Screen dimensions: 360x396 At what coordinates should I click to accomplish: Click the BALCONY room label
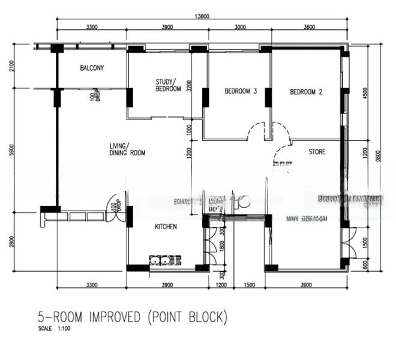92,68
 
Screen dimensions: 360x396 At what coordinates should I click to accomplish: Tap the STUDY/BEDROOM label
168,85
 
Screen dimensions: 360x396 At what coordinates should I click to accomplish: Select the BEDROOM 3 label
241,92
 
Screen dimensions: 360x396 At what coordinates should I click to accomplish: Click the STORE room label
317,152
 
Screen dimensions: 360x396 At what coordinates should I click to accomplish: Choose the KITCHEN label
166,227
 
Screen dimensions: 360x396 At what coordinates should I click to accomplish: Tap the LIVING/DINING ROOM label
127,149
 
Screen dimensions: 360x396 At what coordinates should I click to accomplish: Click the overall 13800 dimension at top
203,16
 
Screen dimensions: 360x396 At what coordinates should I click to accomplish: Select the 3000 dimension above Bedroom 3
240,28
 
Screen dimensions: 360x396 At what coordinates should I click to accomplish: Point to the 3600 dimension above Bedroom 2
310,28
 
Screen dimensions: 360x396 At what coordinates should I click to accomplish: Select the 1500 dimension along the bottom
249,285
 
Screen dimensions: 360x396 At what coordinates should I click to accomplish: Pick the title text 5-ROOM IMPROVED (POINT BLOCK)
133,316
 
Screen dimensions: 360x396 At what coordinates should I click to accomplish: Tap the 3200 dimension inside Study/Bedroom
188,86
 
